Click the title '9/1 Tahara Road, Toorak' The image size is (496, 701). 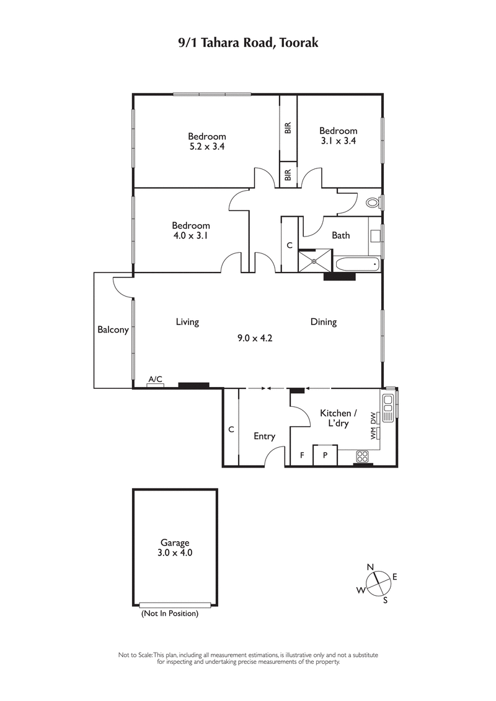(x=248, y=43)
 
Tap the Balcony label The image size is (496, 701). (x=113, y=330)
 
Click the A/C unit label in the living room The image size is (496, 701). (x=155, y=379)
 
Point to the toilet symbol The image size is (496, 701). (x=373, y=202)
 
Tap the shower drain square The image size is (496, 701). (x=314, y=261)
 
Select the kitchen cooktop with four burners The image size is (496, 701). (x=362, y=456)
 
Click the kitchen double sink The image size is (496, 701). (x=388, y=407)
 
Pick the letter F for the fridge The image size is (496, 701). (x=302, y=455)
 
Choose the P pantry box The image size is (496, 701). (x=325, y=455)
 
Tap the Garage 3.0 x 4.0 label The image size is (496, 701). (x=174, y=548)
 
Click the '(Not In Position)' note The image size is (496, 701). (x=169, y=614)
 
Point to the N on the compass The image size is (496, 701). (x=370, y=567)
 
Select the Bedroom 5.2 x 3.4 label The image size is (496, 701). (x=207, y=141)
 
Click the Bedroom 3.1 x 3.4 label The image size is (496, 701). (x=338, y=136)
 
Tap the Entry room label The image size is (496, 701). (x=264, y=436)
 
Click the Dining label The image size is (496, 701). (x=323, y=322)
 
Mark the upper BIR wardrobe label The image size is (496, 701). (x=288, y=128)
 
